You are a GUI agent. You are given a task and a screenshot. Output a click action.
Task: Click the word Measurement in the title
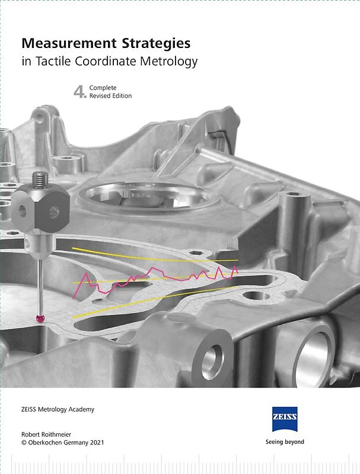point(69,43)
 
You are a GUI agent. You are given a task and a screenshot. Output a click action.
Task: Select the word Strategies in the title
point(156,44)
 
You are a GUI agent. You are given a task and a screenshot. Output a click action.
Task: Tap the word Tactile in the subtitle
point(53,61)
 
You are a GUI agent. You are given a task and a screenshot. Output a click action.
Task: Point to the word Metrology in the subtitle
point(168,62)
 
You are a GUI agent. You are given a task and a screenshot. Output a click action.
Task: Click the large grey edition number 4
point(80,92)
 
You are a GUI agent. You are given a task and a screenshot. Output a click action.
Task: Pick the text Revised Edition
point(110,96)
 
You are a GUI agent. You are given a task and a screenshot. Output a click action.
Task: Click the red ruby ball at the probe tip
point(40,318)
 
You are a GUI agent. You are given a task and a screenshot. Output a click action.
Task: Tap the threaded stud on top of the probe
point(40,180)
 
